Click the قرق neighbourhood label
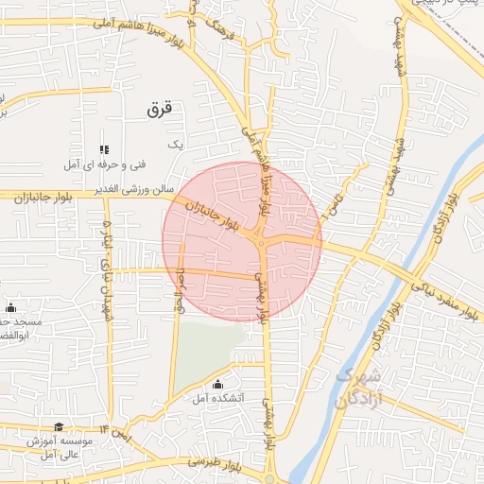pos(163,110)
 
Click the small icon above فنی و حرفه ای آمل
pos(104,149)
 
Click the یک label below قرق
pos(173,144)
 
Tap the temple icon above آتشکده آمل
pos(218,384)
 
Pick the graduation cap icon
pos(60,427)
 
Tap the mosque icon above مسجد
pos(11,308)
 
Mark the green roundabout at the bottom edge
pos(269,479)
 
